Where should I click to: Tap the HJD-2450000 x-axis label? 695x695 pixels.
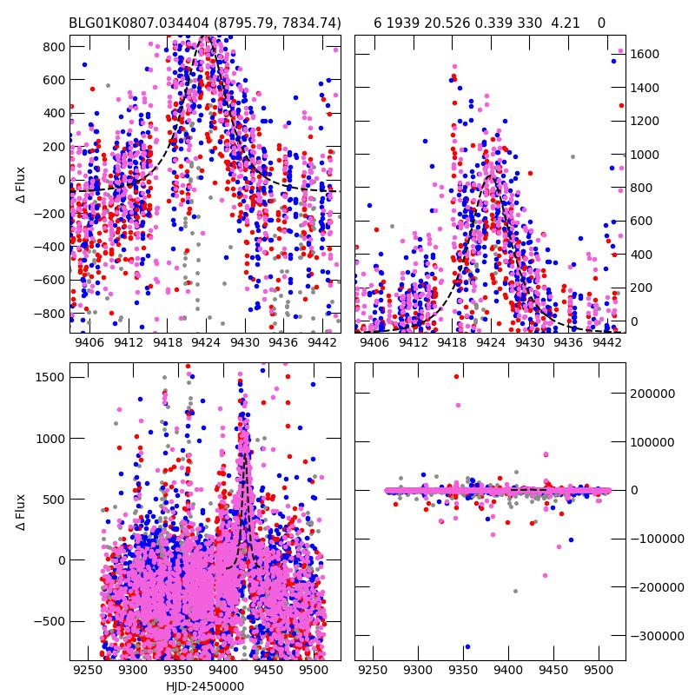coord(205,686)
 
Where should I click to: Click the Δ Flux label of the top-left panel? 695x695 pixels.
coord(21,184)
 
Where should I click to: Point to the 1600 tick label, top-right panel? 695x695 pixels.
coord(645,55)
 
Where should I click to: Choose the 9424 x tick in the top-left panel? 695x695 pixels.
coord(206,343)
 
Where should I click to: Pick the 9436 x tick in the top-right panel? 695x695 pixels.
coord(568,343)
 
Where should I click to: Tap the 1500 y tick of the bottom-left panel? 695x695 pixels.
coord(49,376)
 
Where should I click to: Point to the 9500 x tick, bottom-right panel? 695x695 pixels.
coord(598,672)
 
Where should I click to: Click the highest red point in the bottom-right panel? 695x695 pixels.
coord(456,376)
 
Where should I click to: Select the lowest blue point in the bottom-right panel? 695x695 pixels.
coord(467,646)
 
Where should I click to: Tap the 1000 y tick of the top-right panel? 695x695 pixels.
coord(645,155)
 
